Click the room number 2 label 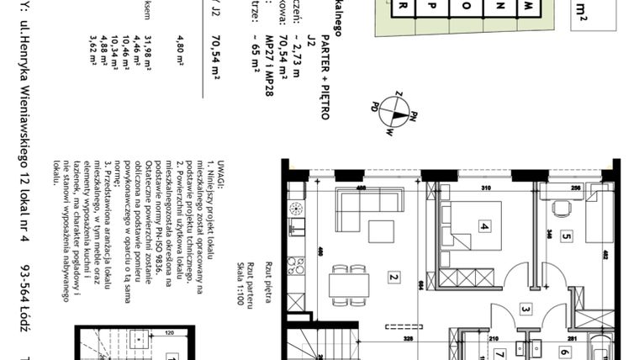coord(393,276)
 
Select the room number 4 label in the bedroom coord(483,226)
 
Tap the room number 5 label coord(566,236)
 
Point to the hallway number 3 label coord(525,310)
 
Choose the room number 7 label coord(499,352)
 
